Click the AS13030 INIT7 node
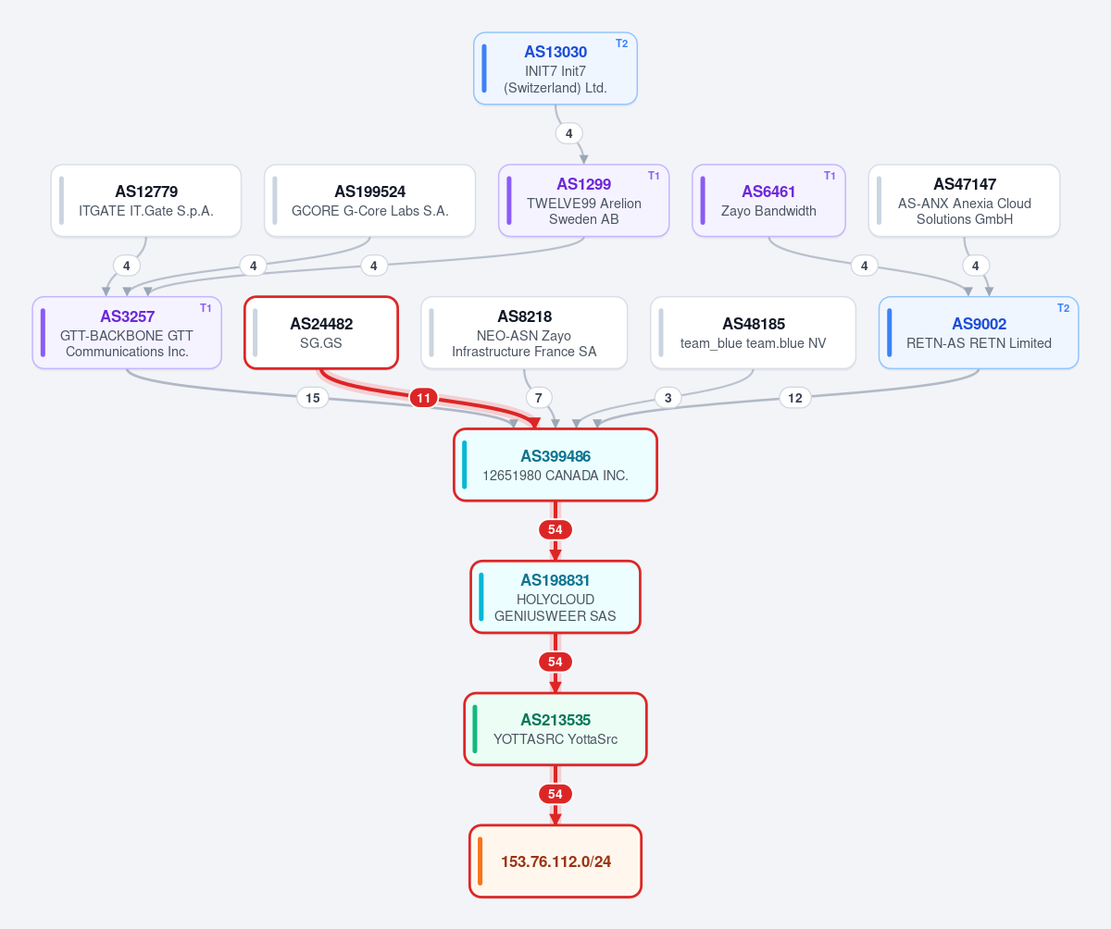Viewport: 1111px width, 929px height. [555, 68]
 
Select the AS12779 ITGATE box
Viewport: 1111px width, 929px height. [145, 201]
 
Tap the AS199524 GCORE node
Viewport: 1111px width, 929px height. [369, 201]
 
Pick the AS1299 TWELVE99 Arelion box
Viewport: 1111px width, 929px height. [583, 201]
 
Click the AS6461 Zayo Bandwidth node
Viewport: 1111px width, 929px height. [768, 201]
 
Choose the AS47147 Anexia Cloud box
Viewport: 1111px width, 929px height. [964, 201]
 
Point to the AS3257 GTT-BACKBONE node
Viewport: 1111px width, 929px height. [127, 333]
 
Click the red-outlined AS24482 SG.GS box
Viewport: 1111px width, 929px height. [321, 333]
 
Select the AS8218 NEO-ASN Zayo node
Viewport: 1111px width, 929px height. [524, 333]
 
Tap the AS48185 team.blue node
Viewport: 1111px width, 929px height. [753, 333]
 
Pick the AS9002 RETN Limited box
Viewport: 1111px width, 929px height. [979, 333]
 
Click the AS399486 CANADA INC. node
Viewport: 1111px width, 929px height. [555, 464]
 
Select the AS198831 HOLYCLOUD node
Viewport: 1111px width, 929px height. [555, 597]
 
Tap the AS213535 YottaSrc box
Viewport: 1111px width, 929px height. [555, 729]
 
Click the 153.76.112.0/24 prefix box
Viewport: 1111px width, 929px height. [555, 861]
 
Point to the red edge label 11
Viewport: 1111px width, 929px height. [423, 398]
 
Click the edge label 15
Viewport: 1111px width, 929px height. [312, 398]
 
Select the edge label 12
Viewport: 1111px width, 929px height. [795, 398]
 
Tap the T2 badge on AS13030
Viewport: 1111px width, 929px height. [621, 43]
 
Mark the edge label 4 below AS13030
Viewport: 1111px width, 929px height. [568, 133]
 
